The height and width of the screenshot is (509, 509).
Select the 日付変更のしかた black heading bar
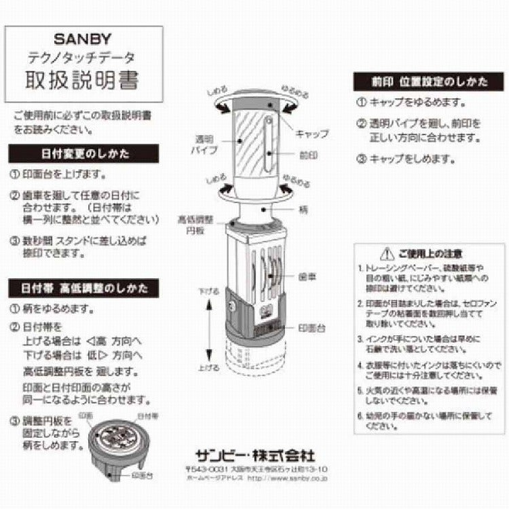tap(83, 153)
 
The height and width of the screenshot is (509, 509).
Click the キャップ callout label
tap(312, 133)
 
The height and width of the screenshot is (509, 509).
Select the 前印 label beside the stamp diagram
tap(309, 155)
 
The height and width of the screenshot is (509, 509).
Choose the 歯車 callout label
tap(307, 277)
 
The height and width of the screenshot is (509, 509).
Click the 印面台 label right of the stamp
tap(312, 327)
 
